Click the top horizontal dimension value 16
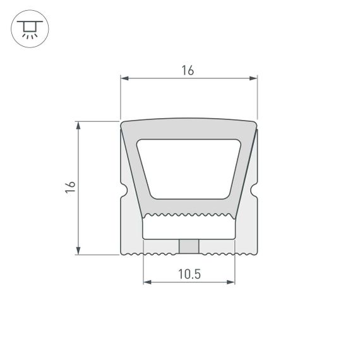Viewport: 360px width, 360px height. pos(188,71)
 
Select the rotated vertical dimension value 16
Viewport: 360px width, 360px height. pos(71,187)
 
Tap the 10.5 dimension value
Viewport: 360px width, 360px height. pos(189,274)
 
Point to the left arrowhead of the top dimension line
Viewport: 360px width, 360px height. pos(124,79)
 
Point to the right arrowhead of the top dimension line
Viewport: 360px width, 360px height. pos(254,79)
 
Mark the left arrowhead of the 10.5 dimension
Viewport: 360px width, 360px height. pos(147,282)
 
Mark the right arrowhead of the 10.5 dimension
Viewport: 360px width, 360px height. pos(231,282)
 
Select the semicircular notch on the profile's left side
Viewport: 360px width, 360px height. pos(123,189)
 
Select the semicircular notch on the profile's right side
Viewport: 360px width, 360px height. pos(255,189)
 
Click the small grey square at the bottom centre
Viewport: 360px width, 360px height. pos(189,246)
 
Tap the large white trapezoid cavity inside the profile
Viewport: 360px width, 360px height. pos(189,167)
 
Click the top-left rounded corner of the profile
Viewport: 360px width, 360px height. pos(124,124)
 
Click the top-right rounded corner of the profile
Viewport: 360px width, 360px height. pos(254,124)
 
